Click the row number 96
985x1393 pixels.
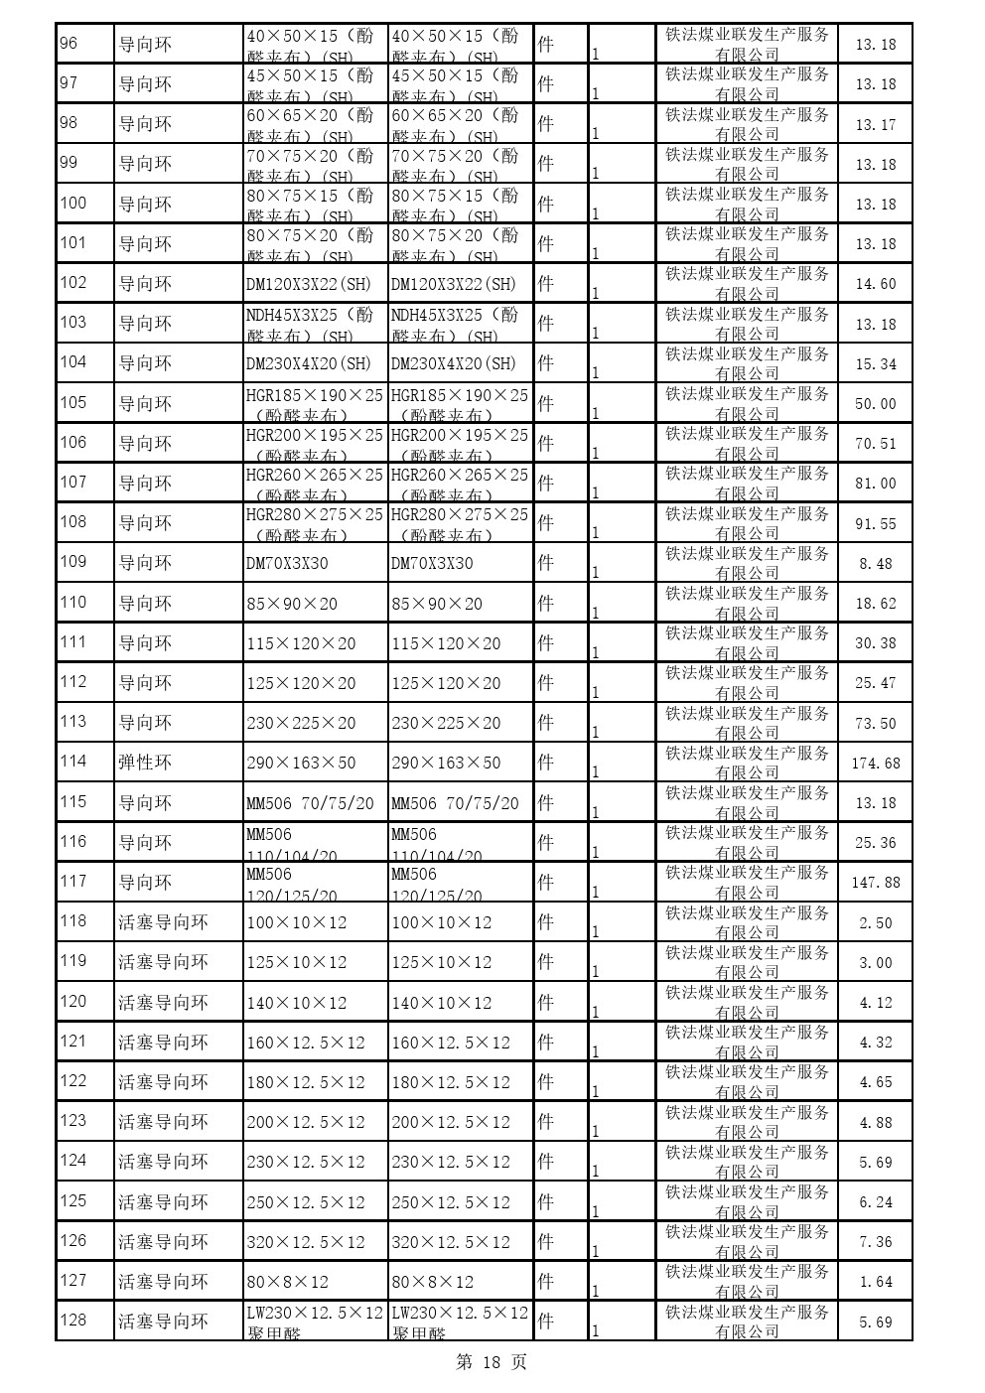(70, 44)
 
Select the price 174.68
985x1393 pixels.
(875, 764)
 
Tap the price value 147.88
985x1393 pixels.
(875, 883)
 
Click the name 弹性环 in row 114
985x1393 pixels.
(145, 763)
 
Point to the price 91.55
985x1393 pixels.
(875, 523)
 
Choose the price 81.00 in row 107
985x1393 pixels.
(875, 484)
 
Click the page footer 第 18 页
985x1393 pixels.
(492, 1362)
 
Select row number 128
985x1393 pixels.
(73, 1321)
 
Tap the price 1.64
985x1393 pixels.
(875, 1282)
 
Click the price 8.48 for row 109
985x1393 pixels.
(875, 564)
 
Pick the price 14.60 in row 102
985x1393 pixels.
(875, 284)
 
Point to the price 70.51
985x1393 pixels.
(875, 444)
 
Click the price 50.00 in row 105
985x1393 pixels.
(875, 404)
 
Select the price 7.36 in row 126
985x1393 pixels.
(875, 1242)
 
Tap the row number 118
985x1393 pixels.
(73, 921)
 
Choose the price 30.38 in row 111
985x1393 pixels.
(875, 643)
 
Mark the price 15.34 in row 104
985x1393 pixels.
(875, 364)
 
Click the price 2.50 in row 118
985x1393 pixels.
(875, 923)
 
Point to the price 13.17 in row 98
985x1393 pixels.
(875, 125)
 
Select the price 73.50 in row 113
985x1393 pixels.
(875, 724)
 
